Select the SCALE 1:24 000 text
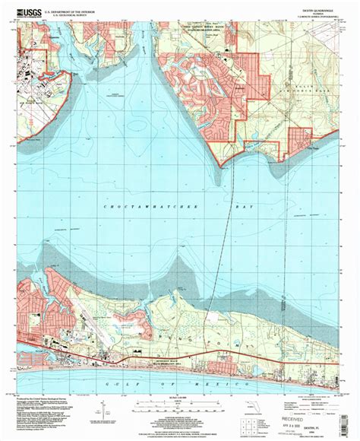(x=178, y=401)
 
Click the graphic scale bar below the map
(x=178, y=408)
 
